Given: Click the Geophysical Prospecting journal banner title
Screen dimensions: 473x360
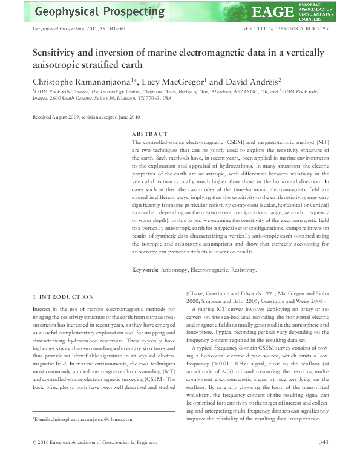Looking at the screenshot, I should point(100,11).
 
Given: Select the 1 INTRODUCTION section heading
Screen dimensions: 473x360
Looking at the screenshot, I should point(63,297).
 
